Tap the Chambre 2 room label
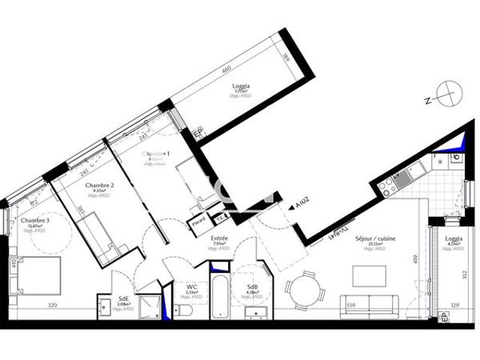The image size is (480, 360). click(x=100, y=185)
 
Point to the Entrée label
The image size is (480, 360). click(x=219, y=238)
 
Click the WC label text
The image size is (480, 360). click(x=191, y=286)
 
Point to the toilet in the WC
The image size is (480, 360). click(x=184, y=309)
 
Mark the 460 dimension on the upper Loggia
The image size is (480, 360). click(x=227, y=70)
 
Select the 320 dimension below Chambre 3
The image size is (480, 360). click(x=52, y=306)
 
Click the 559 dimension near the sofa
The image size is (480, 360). click(x=350, y=305)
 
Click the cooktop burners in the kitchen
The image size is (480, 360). click(x=388, y=186)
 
